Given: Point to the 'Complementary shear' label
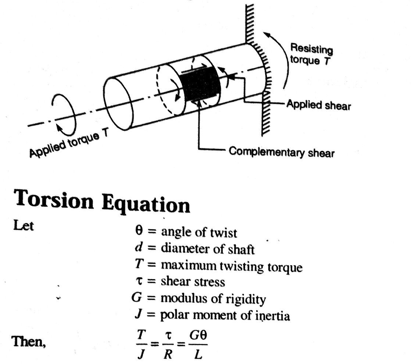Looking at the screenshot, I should click(282, 152).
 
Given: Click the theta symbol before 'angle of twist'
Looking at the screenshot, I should click(138, 232).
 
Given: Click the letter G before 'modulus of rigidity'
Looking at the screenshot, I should click(137, 298).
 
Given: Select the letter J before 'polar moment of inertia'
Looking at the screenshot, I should click(138, 314).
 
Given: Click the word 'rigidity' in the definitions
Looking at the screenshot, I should click(247, 299).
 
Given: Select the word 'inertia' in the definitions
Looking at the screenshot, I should click(272, 316).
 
